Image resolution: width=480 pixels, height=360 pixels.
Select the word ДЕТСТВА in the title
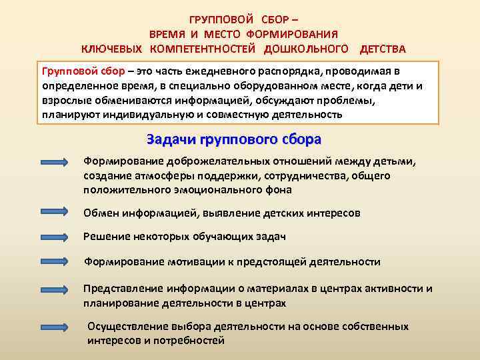pos(382,49)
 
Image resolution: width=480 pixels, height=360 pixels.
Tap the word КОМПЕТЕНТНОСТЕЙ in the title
pos(204,49)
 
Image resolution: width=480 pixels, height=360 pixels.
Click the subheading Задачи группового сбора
pos(233,139)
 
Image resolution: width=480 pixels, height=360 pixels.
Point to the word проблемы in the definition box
pos(346,101)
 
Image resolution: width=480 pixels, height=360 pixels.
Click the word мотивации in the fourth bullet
pos(196,262)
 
